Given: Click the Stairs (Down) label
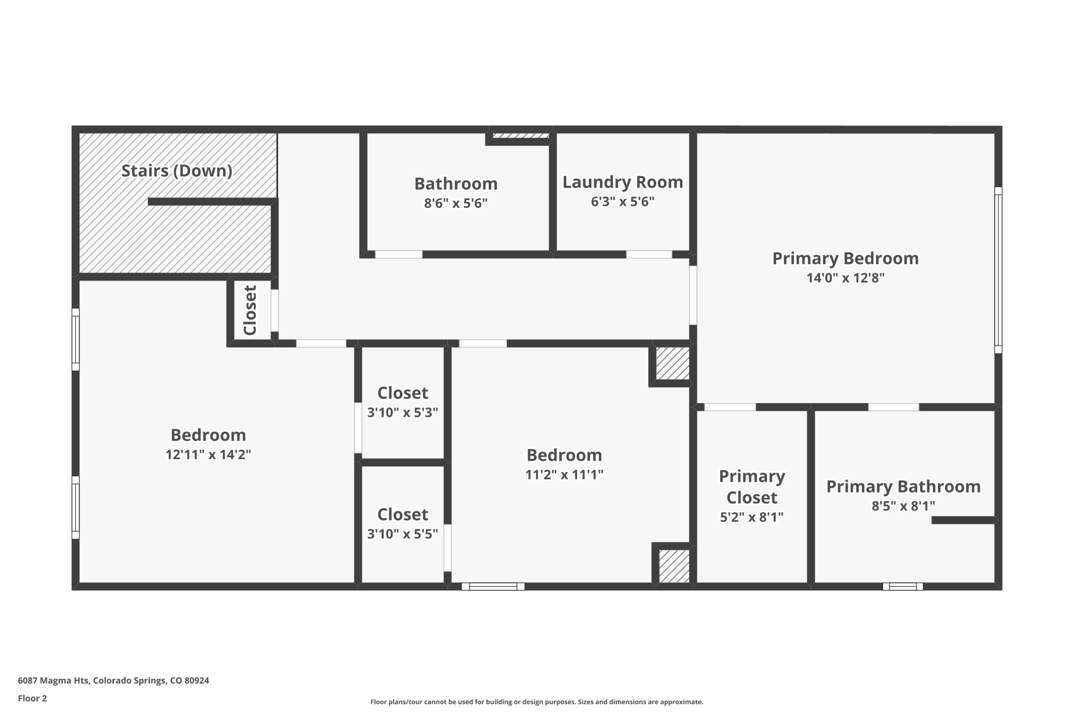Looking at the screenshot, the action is coord(177,171).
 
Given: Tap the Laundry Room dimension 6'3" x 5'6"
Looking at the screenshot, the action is coord(623,201).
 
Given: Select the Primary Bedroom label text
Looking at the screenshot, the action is coord(845,258).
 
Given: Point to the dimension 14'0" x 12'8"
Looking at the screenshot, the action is coord(845,278).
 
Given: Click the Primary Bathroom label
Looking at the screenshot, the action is coord(903,486).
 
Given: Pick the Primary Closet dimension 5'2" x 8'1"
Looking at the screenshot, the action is coord(752,517).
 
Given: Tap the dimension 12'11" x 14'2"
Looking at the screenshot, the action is coord(208,454).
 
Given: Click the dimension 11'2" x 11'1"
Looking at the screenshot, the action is coord(564,474).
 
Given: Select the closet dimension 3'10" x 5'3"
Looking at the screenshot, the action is coord(402,412).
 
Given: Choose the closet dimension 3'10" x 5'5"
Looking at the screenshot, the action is coord(402,534).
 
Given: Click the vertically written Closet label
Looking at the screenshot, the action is coord(250,310).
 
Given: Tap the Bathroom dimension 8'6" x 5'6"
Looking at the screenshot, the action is coord(456,203).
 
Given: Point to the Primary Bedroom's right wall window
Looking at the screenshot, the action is coord(998,270).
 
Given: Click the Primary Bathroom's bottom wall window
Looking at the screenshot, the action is coord(903,587).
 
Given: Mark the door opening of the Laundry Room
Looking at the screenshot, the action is coord(649,254).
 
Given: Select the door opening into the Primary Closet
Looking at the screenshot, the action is coord(730,407).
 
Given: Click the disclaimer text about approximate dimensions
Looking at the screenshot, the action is coord(537,702).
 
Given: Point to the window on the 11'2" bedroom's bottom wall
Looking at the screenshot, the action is coord(493,587).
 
